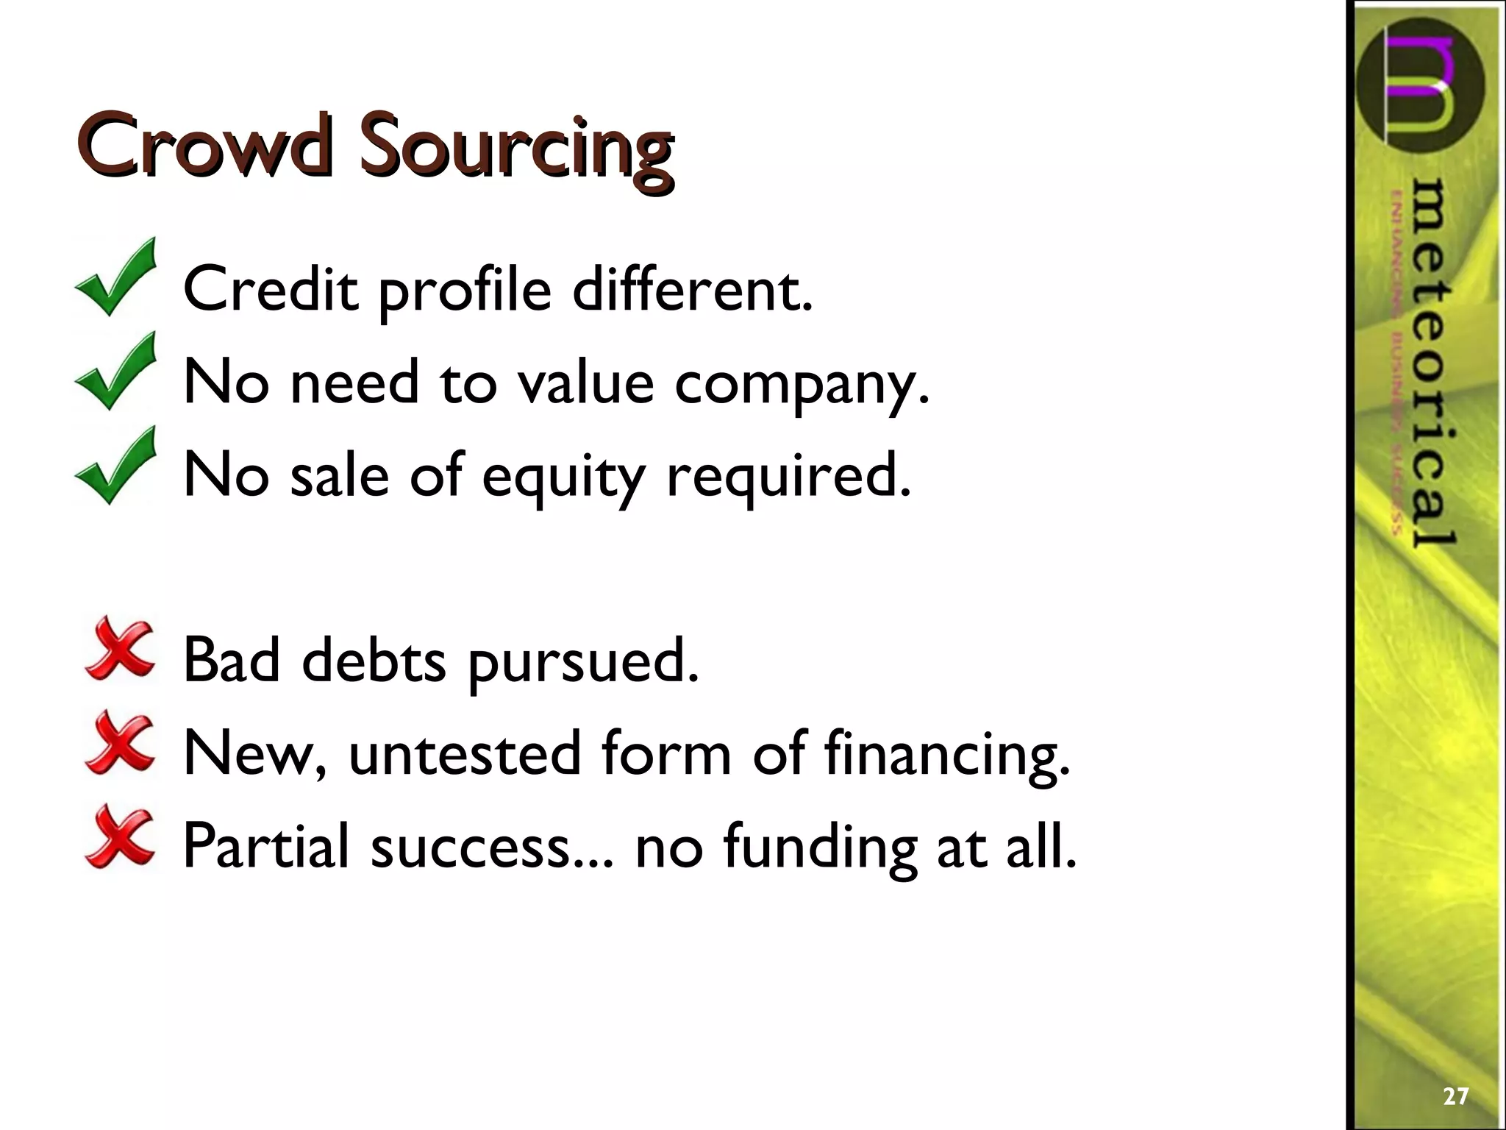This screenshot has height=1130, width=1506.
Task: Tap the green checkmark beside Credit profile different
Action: (x=116, y=279)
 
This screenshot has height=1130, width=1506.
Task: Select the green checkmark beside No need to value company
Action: (x=116, y=372)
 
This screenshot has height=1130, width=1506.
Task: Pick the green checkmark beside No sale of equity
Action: (x=116, y=466)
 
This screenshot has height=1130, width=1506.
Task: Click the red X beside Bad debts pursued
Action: (x=120, y=649)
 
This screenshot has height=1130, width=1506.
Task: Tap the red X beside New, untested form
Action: (x=120, y=743)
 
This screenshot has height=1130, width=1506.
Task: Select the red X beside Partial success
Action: (x=120, y=837)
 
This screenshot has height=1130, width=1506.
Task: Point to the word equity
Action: (x=562, y=477)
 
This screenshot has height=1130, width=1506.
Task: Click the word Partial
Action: (x=265, y=846)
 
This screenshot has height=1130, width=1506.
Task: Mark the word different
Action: (x=692, y=289)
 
